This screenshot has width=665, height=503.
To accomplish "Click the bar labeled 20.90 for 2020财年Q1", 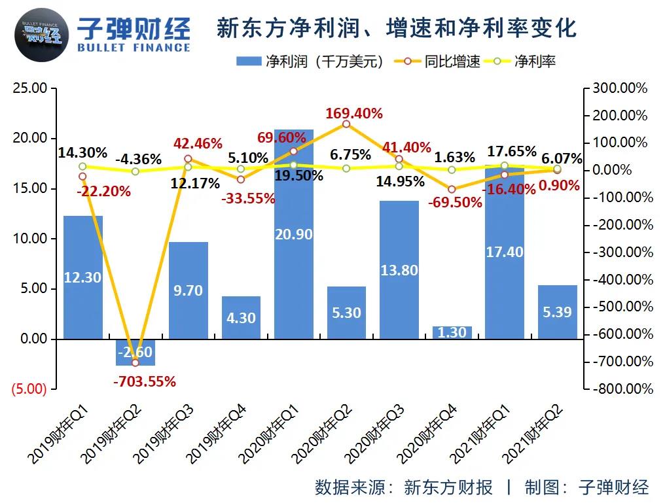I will pos(293,235).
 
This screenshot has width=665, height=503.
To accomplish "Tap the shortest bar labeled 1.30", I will pos(452,332).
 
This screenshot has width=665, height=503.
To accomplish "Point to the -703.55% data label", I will pos(145,381).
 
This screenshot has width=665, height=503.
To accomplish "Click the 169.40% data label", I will pos(355,114).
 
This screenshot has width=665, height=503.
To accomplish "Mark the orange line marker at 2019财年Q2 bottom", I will pos(135,362).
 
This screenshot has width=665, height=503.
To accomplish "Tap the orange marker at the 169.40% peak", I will pos(346,124).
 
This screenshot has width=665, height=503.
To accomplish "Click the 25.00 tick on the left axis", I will pos(31,88).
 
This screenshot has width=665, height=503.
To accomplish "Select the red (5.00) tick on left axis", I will pos(28,389).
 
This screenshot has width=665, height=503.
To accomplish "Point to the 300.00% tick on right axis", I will pos(619,88).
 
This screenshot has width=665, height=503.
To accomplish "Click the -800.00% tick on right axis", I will pos(622,389).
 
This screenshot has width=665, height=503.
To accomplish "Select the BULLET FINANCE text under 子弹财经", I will pos(134,48).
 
